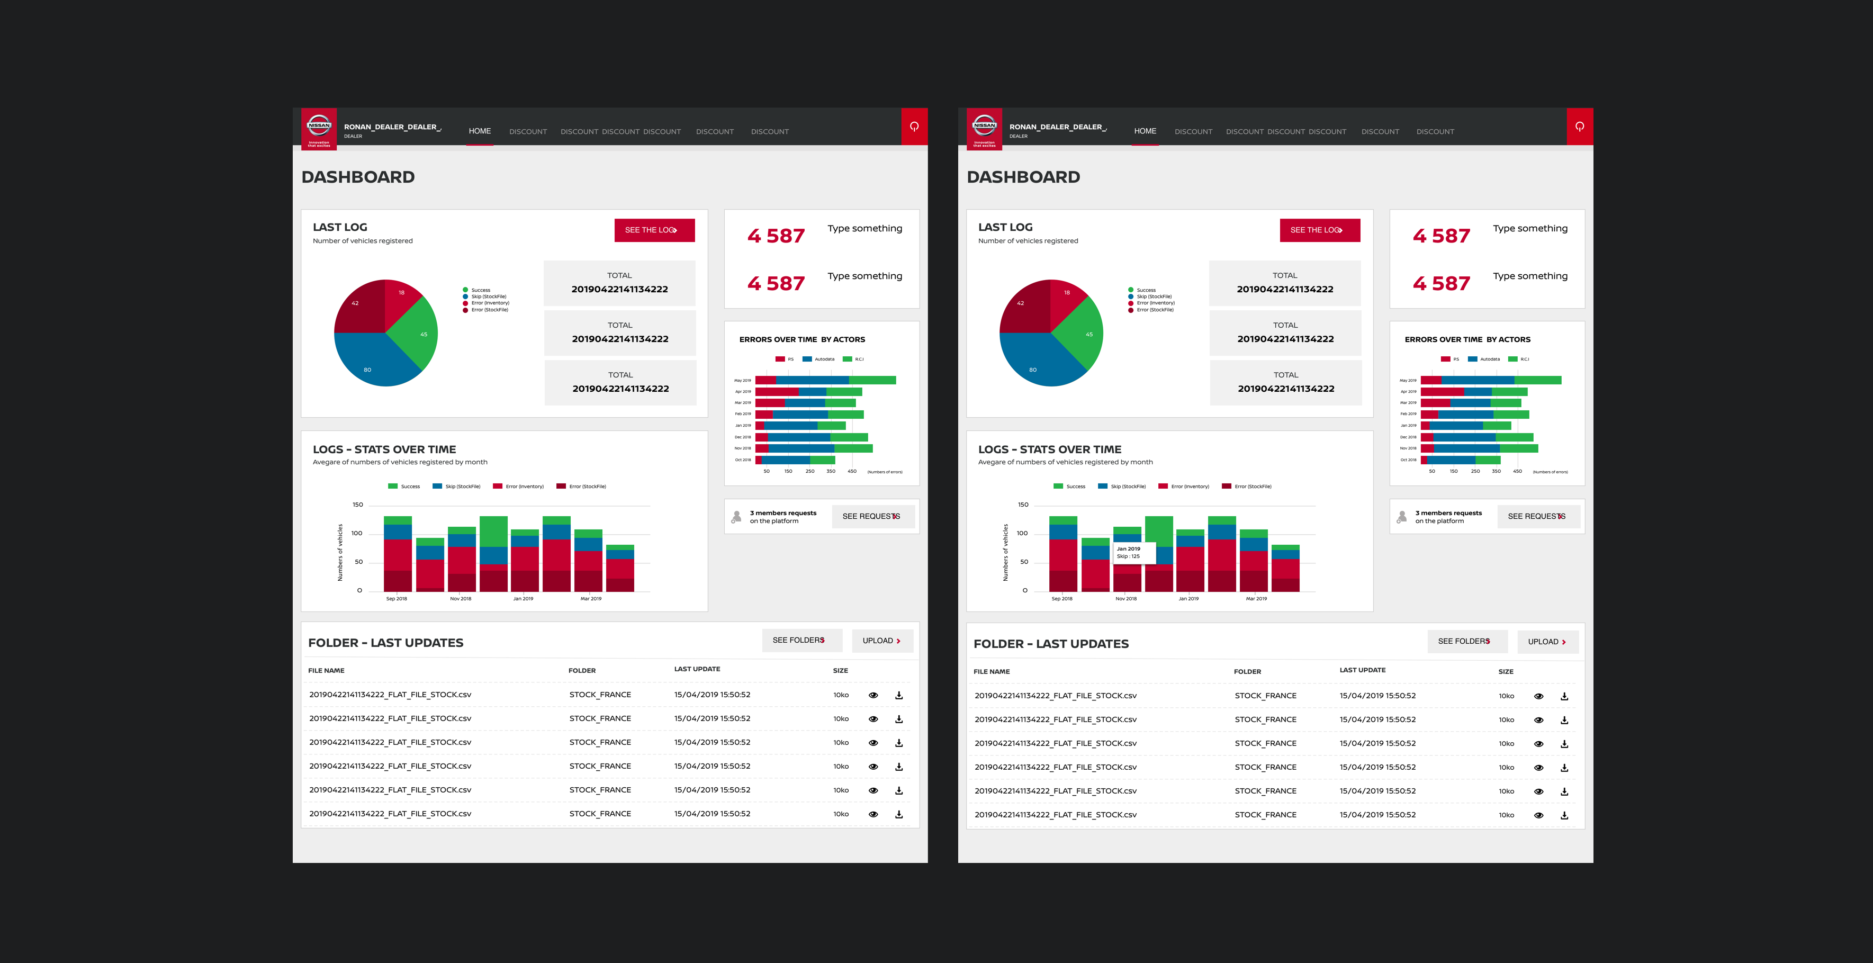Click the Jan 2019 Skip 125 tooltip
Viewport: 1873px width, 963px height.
[x=1133, y=553]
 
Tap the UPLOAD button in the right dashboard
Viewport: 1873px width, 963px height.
[x=1546, y=642]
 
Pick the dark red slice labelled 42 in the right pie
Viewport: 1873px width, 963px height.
[x=1024, y=305]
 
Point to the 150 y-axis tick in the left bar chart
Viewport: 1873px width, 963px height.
[x=358, y=505]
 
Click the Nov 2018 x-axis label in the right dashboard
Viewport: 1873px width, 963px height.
[x=1125, y=599]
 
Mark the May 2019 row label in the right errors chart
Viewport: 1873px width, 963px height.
[x=1408, y=381]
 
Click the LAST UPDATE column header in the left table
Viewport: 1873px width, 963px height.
[x=697, y=669]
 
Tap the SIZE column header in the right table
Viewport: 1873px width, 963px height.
[x=1506, y=671]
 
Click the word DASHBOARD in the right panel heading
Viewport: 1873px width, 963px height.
[x=1023, y=177]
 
